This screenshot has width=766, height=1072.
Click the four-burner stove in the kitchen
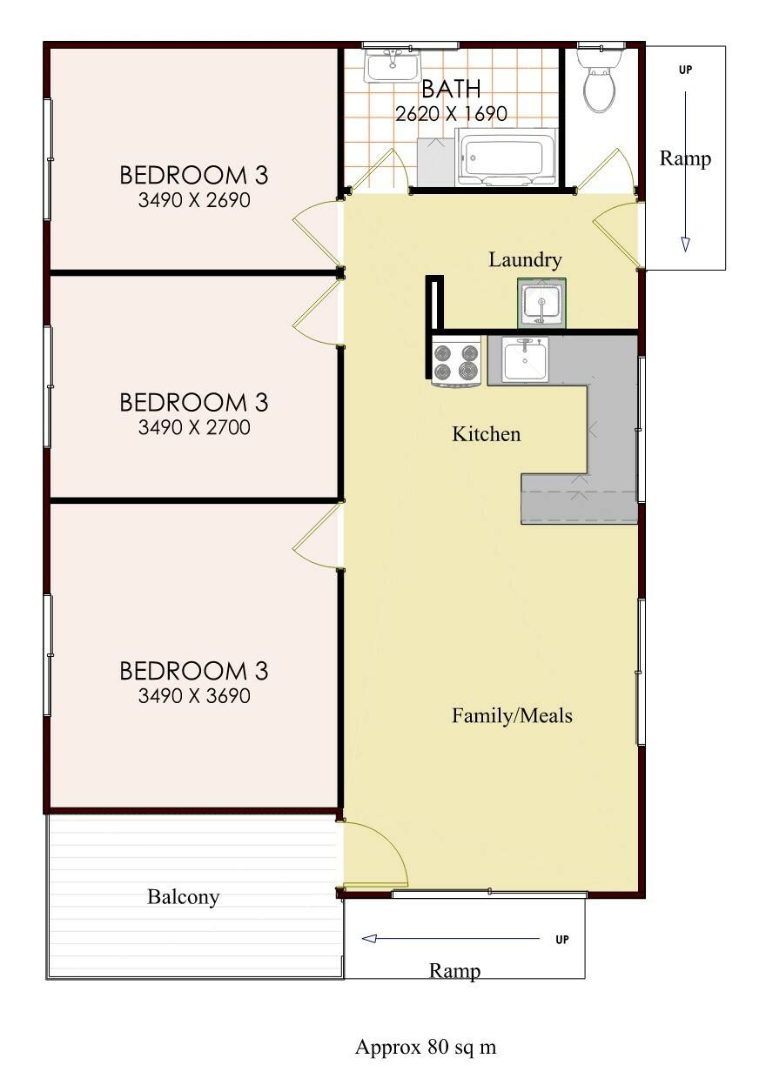click(x=456, y=361)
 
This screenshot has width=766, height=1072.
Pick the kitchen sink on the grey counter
click(x=525, y=360)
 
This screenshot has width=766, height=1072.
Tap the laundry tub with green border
click(x=541, y=304)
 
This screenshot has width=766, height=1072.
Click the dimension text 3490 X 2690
click(x=194, y=200)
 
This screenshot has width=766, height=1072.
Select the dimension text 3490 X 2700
click(x=194, y=427)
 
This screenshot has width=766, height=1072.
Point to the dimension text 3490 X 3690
click(x=194, y=696)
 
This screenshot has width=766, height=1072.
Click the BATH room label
click(x=451, y=89)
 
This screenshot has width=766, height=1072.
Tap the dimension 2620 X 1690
click(x=451, y=113)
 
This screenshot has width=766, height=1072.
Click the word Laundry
click(x=525, y=260)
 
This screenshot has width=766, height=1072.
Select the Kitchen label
click(x=487, y=434)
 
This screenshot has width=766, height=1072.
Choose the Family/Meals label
click(x=512, y=716)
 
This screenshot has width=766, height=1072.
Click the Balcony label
click(x=184, y=897)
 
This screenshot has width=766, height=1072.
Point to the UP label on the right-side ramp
click(x=686, y=70)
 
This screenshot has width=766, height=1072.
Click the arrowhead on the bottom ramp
click(x=369, y=939)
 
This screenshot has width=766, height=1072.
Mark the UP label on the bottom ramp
click(x=562, y=940)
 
